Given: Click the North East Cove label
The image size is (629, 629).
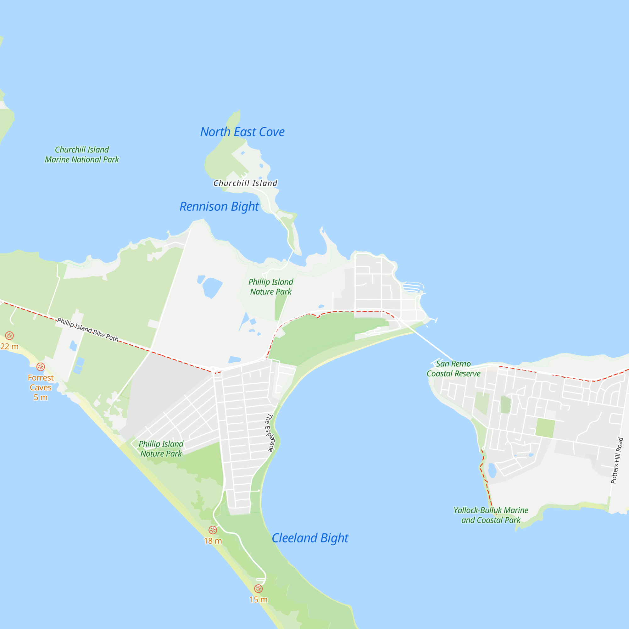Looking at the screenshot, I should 242,132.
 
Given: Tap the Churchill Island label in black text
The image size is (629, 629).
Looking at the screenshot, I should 245,183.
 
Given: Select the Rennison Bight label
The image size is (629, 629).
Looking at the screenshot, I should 219,206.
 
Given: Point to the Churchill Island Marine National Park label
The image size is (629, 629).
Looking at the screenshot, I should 82,155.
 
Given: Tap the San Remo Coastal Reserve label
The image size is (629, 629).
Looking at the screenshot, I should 453,369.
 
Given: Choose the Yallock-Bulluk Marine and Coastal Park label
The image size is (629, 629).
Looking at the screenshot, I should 491,515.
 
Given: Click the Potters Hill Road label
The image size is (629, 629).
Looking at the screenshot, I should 617,461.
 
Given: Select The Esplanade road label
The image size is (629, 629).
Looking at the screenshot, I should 270,433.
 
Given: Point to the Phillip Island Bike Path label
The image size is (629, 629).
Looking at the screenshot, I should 87,330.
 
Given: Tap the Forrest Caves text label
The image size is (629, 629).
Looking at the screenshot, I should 41,387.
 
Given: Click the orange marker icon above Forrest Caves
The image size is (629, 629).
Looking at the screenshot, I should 40,367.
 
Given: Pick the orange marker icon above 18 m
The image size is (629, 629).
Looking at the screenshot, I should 213,530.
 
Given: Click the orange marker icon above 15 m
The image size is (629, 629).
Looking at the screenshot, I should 258,589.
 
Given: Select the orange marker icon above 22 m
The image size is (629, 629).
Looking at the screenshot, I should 9,336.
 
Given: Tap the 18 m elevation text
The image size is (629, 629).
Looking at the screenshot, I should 213,541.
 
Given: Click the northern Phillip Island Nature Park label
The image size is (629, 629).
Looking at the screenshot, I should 270,287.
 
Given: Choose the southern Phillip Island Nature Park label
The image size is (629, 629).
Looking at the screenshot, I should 161,449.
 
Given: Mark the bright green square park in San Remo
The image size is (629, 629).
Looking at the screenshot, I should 545,428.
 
